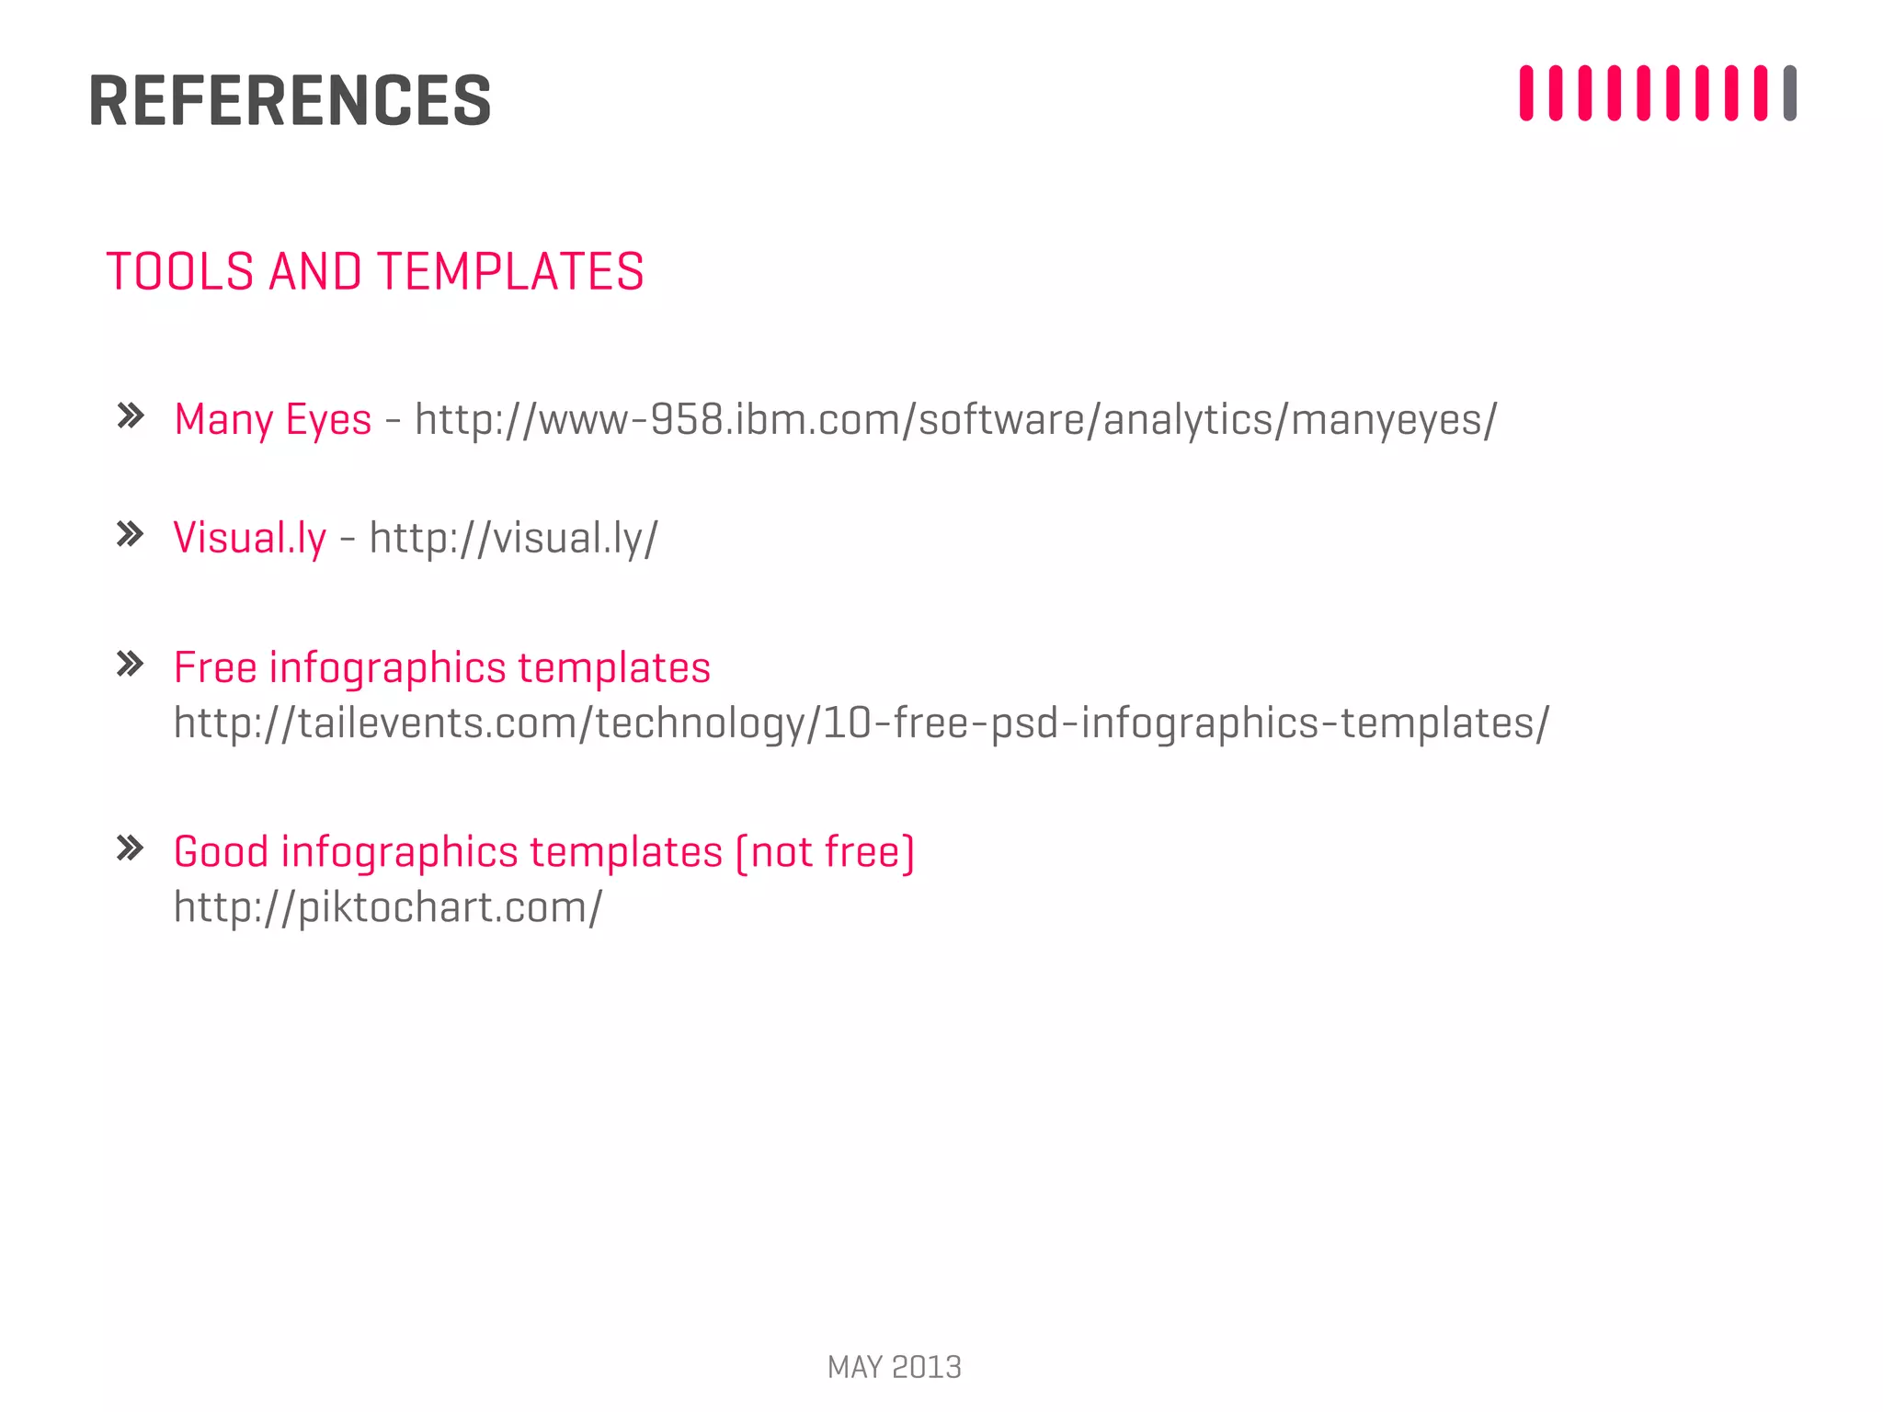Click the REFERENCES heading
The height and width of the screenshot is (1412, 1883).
point(290,100)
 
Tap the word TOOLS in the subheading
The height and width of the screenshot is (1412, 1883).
point(180,272)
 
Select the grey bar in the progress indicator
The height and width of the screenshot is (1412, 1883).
point(1789,93)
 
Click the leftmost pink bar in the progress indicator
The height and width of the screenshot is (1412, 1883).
point(1526,93)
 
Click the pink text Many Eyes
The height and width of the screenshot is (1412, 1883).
point(273,419)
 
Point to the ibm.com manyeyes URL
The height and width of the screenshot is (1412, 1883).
point(956,419)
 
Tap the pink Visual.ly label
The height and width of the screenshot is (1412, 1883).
point(250,538)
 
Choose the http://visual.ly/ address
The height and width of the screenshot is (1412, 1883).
point(514,538)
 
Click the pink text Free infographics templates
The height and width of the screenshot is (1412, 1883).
point(442,667)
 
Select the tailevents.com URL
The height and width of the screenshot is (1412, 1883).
point(862,723)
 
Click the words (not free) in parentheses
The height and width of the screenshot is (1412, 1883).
point(825,851)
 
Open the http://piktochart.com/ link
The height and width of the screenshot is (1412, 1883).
point(388,907)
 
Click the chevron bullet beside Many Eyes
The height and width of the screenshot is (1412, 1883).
point(131,416)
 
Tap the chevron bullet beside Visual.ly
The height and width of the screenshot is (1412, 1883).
point(131,534)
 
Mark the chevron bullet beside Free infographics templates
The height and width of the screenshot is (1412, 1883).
point(131,664)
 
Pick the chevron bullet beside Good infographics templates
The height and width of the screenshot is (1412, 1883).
point(131,848)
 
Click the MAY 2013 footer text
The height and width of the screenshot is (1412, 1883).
point(894,1367)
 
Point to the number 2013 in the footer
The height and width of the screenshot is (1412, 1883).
point(927,1367)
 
